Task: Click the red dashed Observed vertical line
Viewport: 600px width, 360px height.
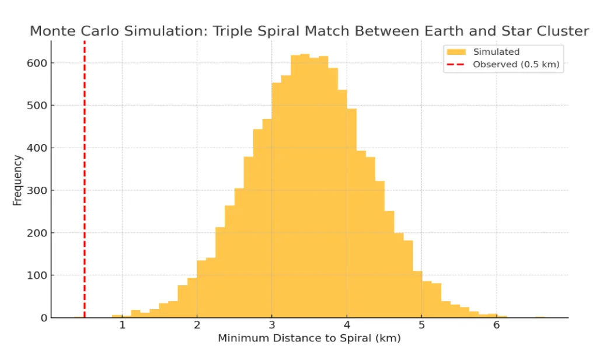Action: tap(85, 175)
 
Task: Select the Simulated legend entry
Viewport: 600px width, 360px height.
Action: tap(496, 52)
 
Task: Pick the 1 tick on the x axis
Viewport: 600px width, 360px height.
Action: tap(122, 325)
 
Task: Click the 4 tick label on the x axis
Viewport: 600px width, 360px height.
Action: tap(347, 325)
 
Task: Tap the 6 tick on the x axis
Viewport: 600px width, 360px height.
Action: tap(497, 325)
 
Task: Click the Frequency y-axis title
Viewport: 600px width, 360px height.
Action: tap(18, 180)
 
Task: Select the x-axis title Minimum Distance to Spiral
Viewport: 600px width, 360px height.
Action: tap(309, 338)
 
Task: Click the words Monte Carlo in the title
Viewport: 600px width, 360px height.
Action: tap(67, 31)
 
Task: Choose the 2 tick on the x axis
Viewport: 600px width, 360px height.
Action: tap(197, 325)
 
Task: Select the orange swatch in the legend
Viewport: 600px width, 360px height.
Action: tap(455, 52)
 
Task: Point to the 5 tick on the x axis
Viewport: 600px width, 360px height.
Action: tap(421, 325)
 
